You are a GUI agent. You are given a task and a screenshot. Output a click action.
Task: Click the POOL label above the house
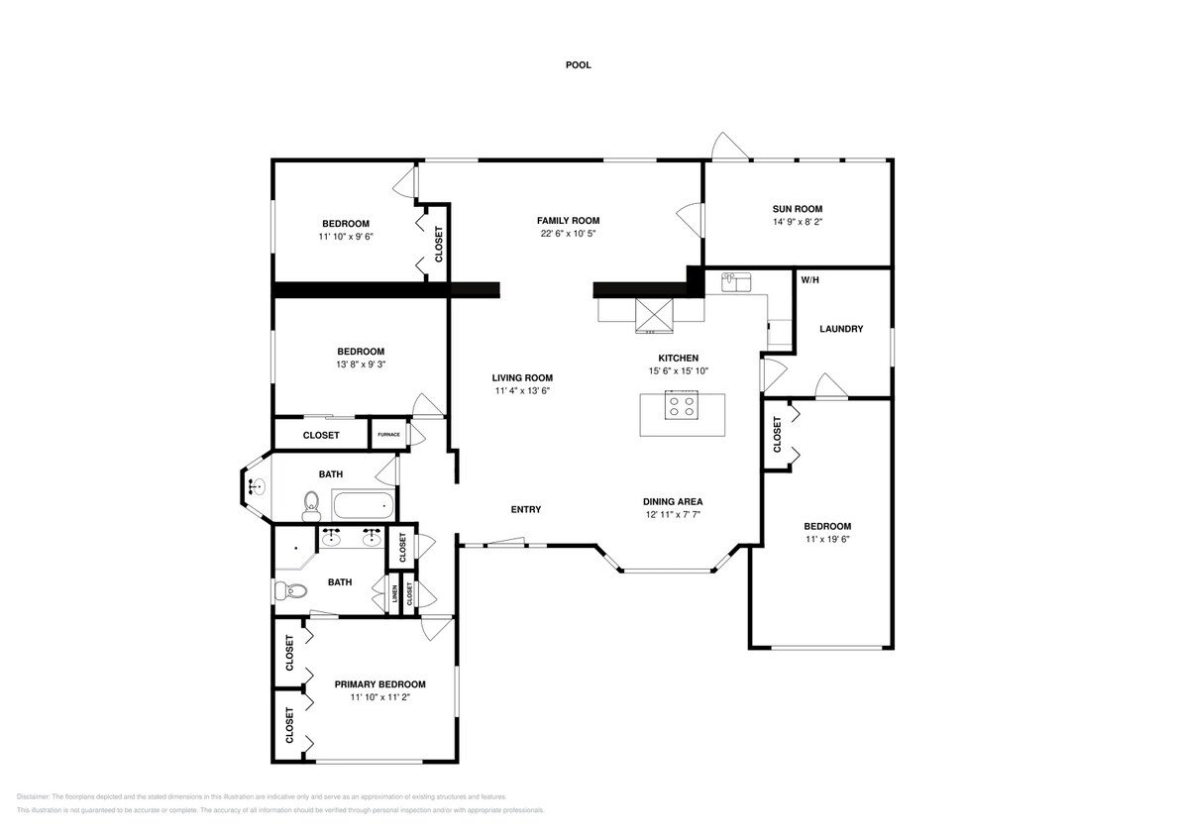tap(578, 65)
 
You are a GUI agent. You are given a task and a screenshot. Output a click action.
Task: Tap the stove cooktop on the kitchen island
tap(682, 405)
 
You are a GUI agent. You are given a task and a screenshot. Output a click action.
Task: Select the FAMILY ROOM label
tap(568, 221)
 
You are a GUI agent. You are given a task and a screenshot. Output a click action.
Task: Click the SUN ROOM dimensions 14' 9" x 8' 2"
tap(798, 223)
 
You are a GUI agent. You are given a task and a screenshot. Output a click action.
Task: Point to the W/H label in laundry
tap(809, 280)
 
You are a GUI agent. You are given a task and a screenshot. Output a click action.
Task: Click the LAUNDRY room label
tap(841, 329)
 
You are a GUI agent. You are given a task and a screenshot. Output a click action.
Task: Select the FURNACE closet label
tap(387, 435)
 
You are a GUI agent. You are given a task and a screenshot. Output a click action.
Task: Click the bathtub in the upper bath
tap(364, 506)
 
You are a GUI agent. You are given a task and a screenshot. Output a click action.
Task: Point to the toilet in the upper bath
tap(311, 505)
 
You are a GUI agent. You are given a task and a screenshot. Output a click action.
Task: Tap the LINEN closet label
tap(395, 595)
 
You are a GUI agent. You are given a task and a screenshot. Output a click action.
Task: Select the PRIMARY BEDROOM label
tap(379, 684)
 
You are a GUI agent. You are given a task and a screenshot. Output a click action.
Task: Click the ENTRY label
tap(525, 510)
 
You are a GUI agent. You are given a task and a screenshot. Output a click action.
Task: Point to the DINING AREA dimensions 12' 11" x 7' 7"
tap(673, 515)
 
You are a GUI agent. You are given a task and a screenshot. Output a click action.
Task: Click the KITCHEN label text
tap(679, 358)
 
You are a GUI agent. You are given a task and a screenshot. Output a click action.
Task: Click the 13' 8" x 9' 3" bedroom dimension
tap(360, 365)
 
